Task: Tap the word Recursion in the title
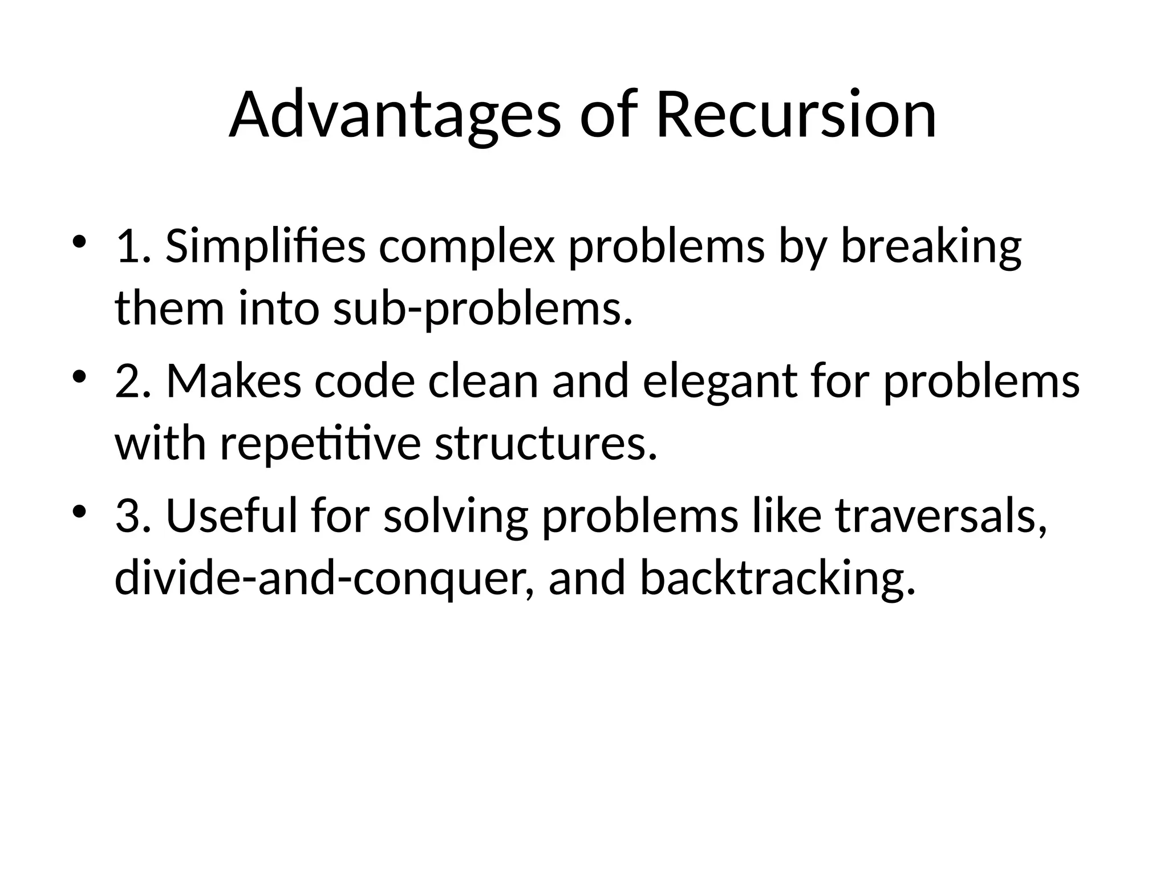click(796, 115)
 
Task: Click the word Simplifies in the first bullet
click(265, 246)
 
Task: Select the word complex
click(466, 248)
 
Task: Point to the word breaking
click(931, 248)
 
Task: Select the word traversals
click(941, 516)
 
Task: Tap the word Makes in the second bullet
click(233, 381)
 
